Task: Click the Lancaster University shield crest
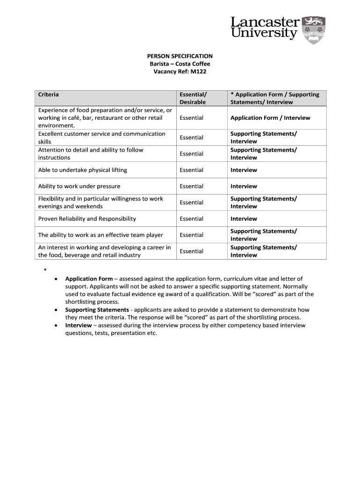(314, 30)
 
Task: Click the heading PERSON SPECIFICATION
(180, 56)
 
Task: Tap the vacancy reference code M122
(198, 72)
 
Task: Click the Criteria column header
(49, 94)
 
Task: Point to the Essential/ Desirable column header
(193, 98)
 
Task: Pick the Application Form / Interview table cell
(270, 118)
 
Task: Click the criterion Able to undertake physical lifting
(83, 170)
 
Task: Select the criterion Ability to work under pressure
(79, 186)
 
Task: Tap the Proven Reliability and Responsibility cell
(87, 218)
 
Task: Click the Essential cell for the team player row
(192, 235)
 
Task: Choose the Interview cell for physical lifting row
(244, 170)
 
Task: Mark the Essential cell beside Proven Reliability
(192, 218)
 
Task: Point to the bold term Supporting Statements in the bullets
(97, 310)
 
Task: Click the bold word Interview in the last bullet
(78, 325)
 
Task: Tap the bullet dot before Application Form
(56, 279)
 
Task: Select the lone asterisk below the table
(45, 270)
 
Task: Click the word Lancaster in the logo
(265, 22)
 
